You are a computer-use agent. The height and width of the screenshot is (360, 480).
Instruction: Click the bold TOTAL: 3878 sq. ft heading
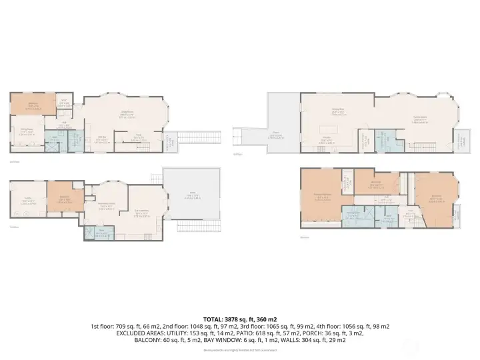coord(240,319)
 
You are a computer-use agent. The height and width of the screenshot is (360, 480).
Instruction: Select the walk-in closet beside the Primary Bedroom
coord(347,181)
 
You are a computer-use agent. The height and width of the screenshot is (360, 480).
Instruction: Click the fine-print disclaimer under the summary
coord(240,350)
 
